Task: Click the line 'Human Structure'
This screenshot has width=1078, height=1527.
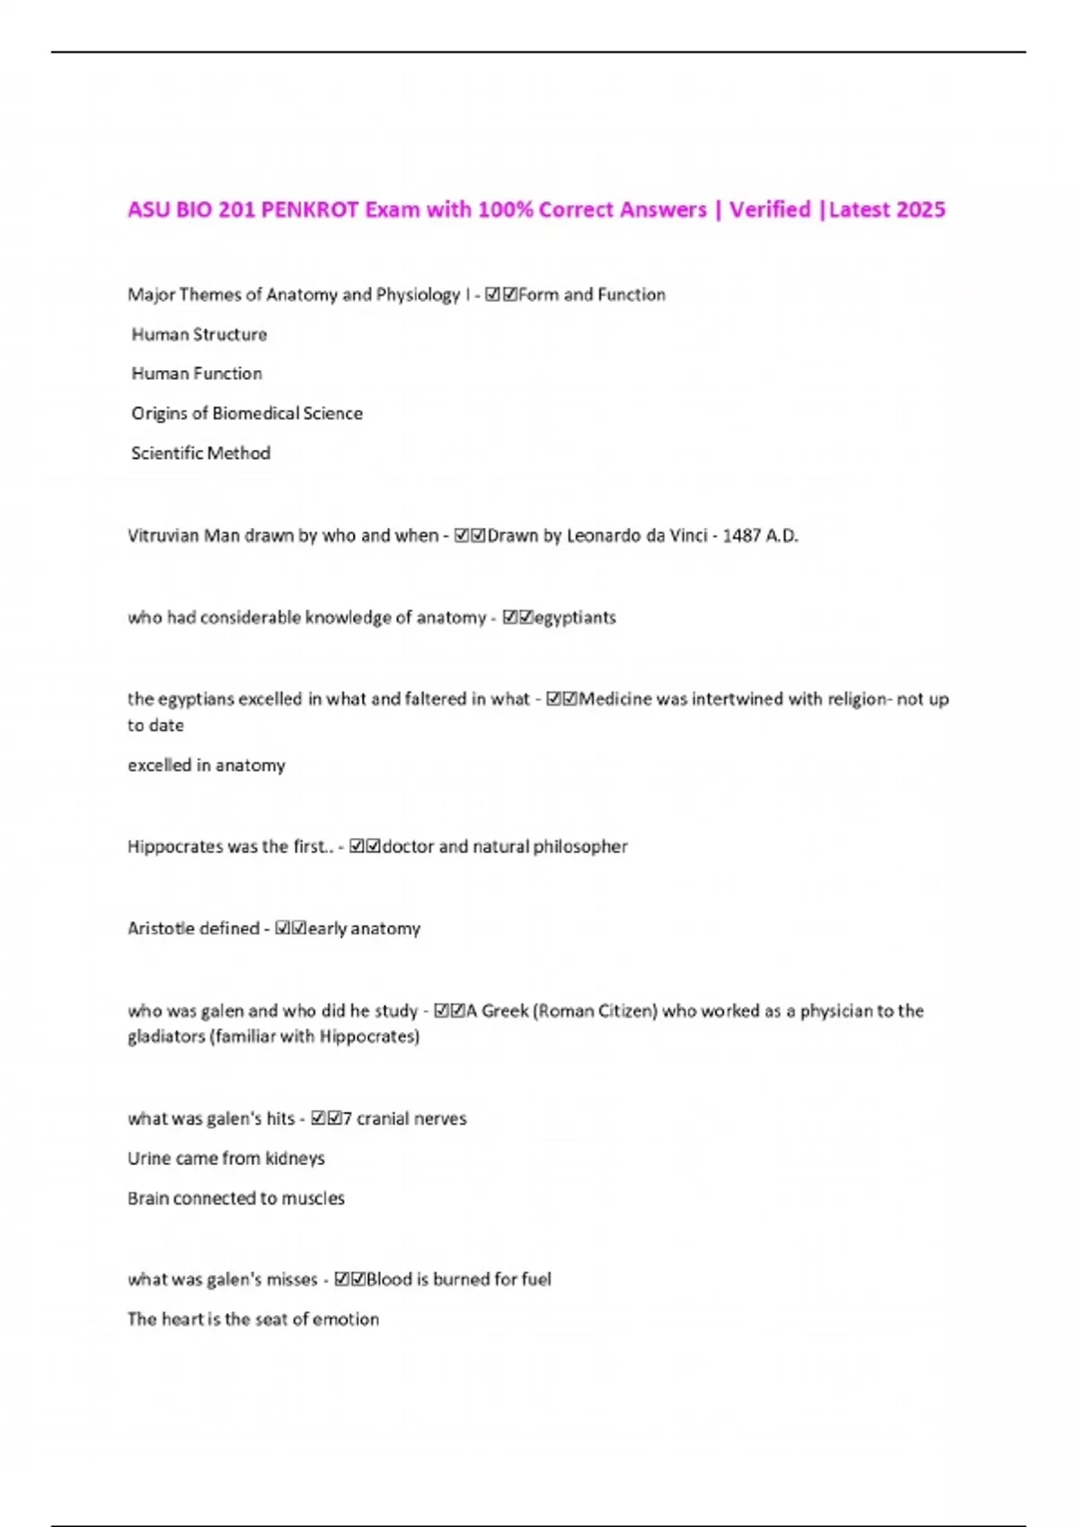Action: tap(199, 334)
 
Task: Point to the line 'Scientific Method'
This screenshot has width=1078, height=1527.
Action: tap(200, 453)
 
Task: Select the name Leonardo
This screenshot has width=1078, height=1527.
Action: tap(608, 535)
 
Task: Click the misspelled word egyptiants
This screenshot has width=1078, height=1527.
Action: tap(575, 617)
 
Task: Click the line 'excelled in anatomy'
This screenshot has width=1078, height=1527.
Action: tap(207, 765)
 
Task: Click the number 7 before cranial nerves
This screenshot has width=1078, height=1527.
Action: tap(348, 1118)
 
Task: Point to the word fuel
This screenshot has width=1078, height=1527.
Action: tap(535, 1279)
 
